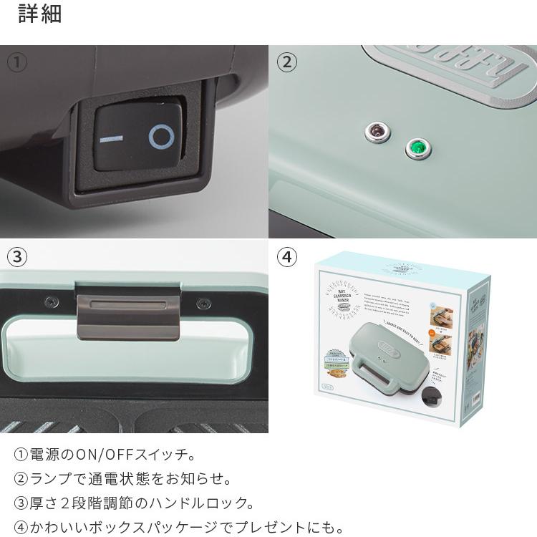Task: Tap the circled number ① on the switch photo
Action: [17, 62]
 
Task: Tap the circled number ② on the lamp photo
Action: [286, 62]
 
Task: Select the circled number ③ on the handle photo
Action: [17, 258]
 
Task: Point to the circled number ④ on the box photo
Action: [286, 258]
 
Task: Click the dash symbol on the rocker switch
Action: [112, 137]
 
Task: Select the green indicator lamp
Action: [415, 148]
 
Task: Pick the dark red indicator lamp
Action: [375, 130]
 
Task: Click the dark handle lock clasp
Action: [127, 312]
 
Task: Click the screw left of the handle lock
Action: [50, 301]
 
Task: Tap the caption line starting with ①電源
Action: [105, 455]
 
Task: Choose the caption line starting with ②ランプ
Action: [122, 479]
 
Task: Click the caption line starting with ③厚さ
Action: [134, 503]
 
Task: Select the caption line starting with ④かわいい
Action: [179, 528]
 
